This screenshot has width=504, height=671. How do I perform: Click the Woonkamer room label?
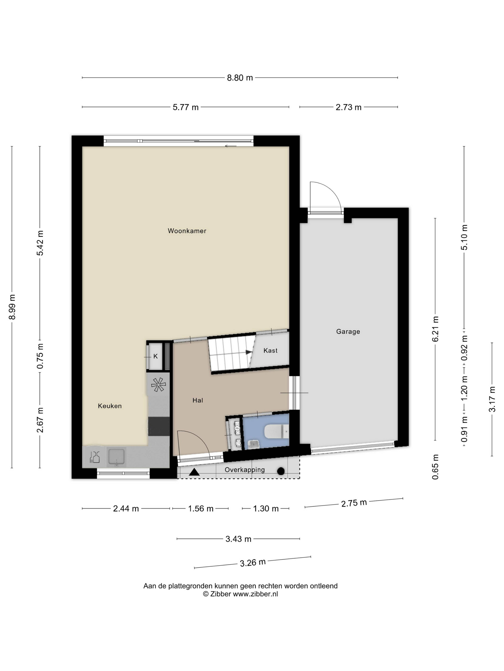(x=187, y=231)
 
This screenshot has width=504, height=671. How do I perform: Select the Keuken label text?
(x=110, y=406)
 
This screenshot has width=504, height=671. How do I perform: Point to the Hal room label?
(x=198, y=400)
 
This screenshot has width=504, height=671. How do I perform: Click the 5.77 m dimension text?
(x=186, y=107)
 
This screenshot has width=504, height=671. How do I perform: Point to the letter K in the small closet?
(x=156, y=356)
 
